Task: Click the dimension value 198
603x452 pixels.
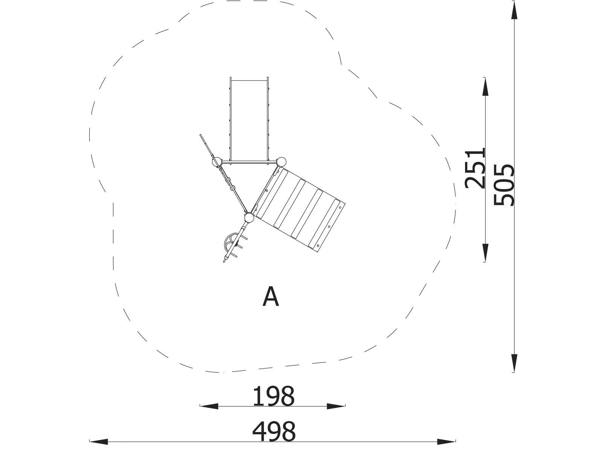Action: [273, 396]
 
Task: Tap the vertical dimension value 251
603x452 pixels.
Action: [475, 168]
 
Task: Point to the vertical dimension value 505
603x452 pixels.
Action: [504, 185]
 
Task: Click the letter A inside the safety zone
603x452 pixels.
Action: [271, 297]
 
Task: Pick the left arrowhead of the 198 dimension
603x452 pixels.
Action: [209, 406]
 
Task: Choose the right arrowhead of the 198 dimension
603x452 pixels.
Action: [336, 406]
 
